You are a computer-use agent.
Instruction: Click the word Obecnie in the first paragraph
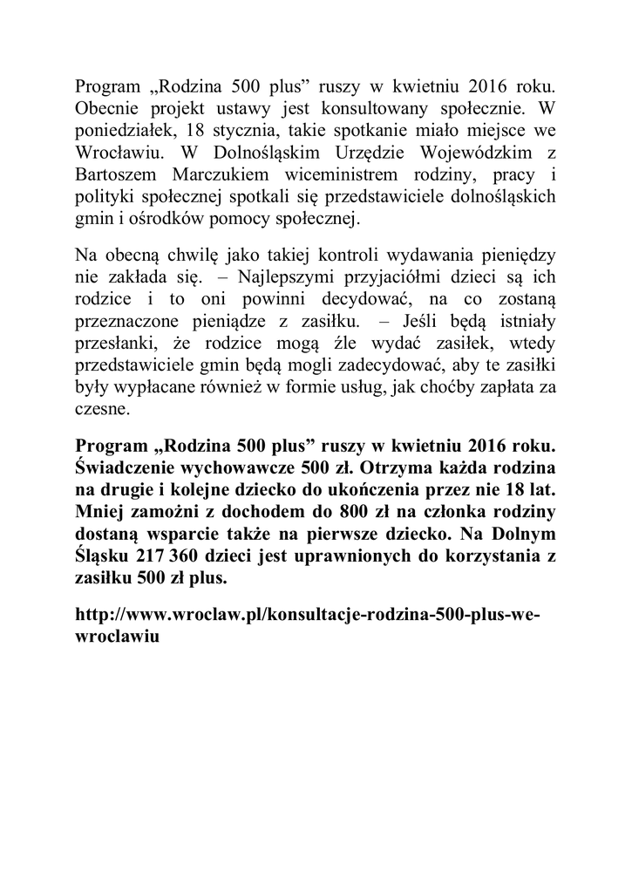point(108,111)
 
